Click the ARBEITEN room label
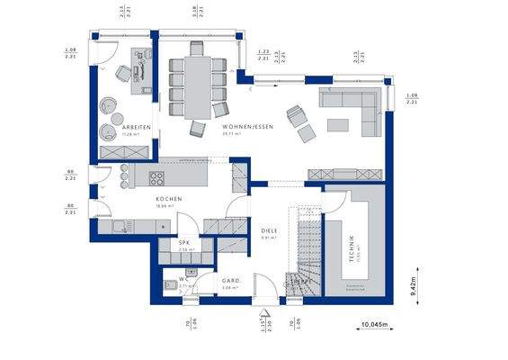(x=137, y=128)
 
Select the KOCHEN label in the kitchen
(x=169, y=199)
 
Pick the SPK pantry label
(x=185, y=243)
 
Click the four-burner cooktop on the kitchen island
(x=156, y=176)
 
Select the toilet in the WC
(x=172, y=287)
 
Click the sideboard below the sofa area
(x=346, y=171)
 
